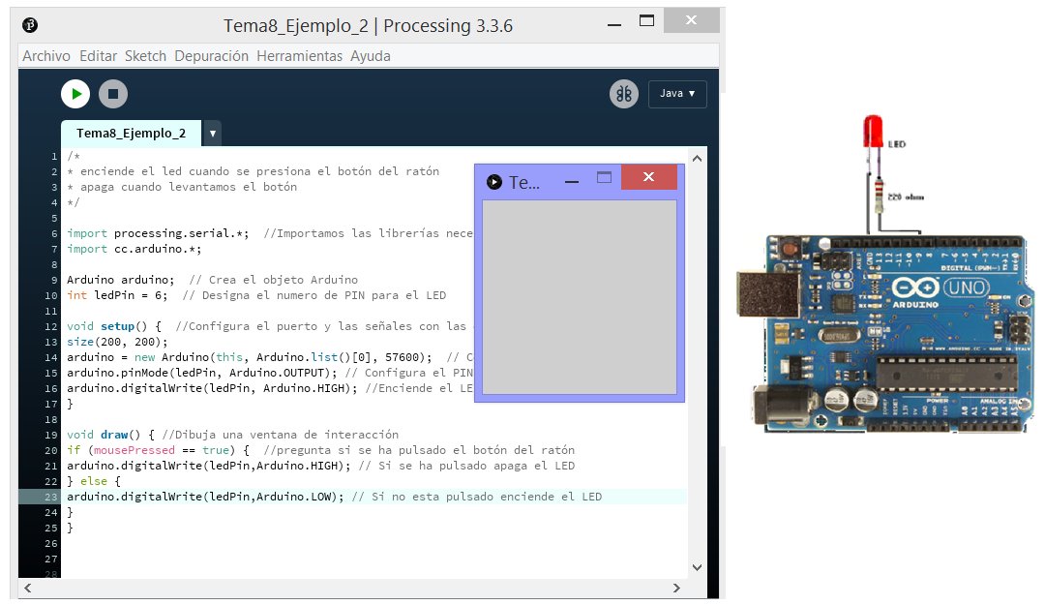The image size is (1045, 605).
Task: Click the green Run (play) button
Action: click(75, 94)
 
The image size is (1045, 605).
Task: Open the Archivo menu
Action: click(46, 56)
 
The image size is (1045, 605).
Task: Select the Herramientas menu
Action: click(299, 56)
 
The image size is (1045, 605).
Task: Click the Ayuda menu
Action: click(371, 56)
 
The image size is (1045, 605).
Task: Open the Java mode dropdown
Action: click(677, 94)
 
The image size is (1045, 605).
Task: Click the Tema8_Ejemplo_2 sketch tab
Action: click(131, 133)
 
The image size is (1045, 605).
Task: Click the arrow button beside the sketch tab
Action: click(212, 133)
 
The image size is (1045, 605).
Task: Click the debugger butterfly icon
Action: click(623, 94)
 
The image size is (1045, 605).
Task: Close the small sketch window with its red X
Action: click(648, 178)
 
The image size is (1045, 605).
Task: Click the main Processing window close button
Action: click(691, 20)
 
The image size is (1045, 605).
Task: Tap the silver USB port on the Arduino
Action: click(761, 296)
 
